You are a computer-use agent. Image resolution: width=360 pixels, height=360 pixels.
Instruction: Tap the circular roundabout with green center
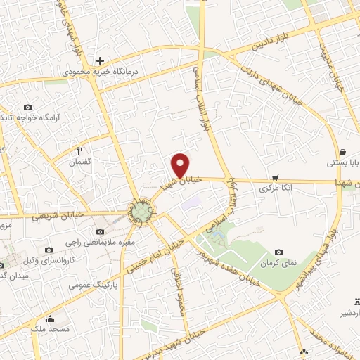tap(140, 212)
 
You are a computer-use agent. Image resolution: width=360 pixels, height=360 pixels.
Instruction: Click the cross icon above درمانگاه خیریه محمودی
tap(101, 61)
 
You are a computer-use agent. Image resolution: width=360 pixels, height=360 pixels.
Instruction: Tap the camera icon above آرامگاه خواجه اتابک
tap(27, 106)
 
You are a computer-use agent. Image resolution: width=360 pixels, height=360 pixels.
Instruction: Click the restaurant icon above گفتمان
tap(79, 150)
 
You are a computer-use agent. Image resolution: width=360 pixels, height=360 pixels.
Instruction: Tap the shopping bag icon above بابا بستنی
tap(342, 152)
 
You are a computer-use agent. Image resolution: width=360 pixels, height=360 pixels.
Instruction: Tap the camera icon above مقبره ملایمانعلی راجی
tap(99, 231)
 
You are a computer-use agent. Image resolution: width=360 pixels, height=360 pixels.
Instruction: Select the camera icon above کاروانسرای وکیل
tap(49, 250)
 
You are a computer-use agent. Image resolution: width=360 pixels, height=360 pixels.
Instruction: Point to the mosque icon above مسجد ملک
tap(49, 319)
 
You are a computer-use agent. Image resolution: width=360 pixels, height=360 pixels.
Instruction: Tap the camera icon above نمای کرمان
tap(279, 252)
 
